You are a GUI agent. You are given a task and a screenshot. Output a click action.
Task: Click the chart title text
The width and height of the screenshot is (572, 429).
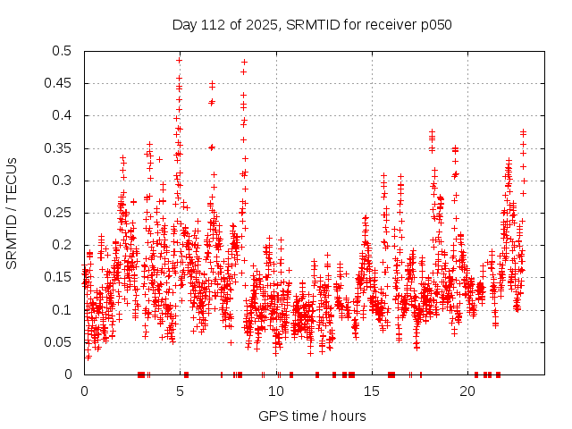tap(312, 24)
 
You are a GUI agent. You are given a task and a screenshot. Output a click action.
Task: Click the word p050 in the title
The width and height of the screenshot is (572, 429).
tap(436, 24)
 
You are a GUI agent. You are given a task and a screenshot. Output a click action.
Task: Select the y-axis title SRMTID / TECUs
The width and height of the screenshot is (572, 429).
tap(13, 213)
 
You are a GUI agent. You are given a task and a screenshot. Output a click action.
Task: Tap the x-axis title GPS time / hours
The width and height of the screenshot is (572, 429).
tap(312, 416)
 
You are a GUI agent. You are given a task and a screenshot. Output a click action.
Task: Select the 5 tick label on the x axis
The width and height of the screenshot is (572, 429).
tap(180, 391)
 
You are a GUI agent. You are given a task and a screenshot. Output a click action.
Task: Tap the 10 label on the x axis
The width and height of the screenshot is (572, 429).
tap(275, 391)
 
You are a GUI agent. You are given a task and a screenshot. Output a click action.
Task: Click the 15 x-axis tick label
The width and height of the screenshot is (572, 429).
tap(371, 391)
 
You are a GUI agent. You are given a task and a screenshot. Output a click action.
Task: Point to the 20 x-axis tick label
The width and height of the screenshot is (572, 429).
tap(467, 391)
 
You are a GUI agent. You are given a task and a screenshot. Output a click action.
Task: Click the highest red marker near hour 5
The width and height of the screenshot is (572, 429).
tap(180, 60)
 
